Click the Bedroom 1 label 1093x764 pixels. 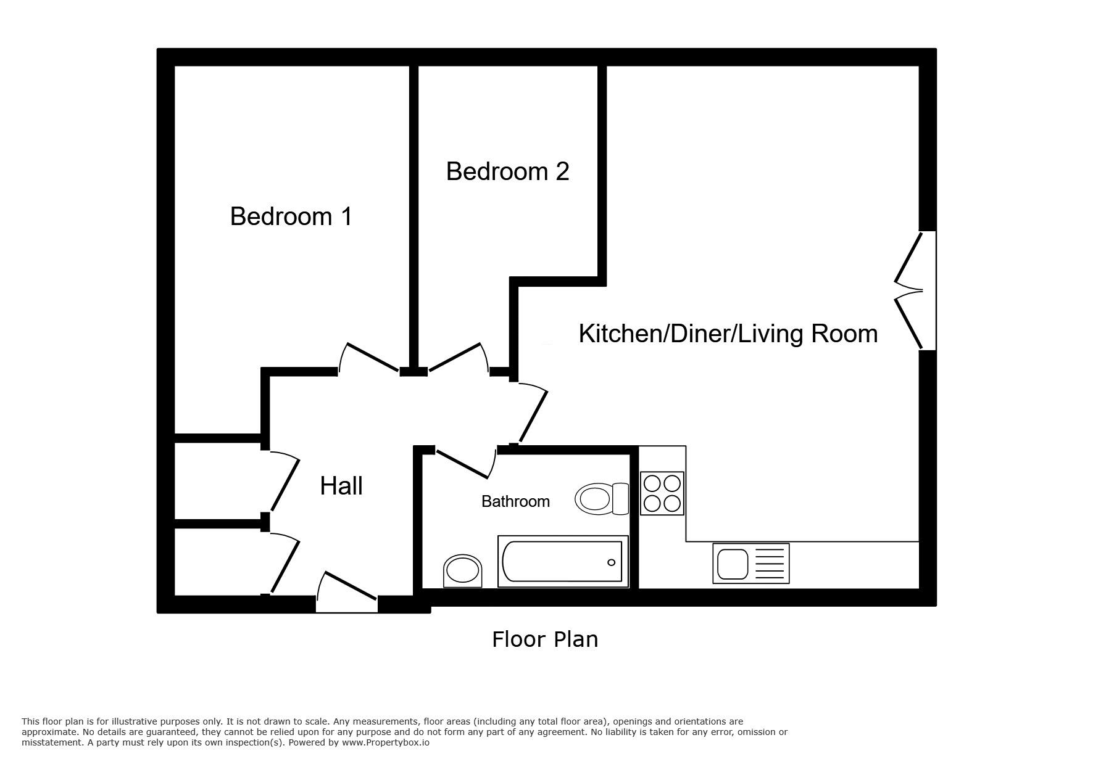coord(291,216)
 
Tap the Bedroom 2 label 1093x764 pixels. coord(507,171)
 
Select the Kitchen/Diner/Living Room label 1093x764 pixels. coord(728,334)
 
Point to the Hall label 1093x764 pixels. coord(341,486)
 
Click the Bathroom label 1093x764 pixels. coord(515,501)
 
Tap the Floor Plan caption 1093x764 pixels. coord(545,639)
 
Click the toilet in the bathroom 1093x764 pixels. coord(602,498)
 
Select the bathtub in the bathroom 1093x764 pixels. coord(563,561)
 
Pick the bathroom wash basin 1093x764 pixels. coord(463,570)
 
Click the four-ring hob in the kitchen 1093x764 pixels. coord(662,493)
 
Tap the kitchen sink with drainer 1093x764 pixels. coord(750,563)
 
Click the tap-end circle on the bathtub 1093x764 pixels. coord(611,562)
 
